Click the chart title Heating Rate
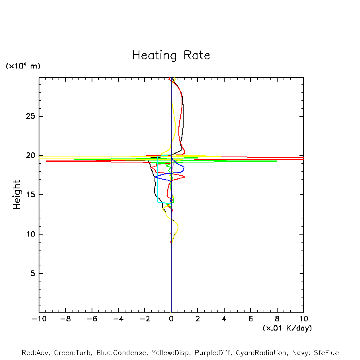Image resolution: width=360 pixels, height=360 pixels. click(171, 55)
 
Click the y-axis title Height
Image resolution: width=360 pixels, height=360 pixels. click(17, 195)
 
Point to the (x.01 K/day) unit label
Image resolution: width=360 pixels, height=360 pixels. click(287, 328)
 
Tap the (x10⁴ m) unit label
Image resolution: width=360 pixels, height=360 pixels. click(23, 66)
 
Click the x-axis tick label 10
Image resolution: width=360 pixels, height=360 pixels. click(303, 319)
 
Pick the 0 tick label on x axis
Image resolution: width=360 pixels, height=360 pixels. click(171, 319)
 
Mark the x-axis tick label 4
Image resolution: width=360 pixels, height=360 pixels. click(224, 319)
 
